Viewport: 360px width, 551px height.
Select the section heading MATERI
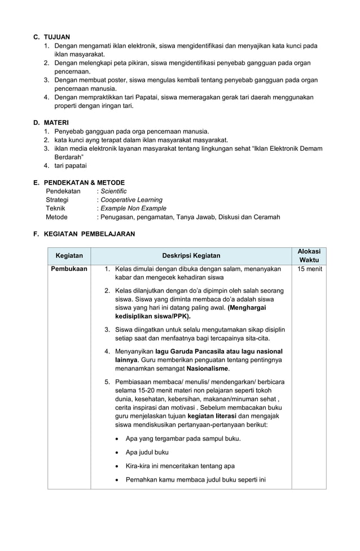[58, 121]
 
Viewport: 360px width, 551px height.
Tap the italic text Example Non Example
[129, 208]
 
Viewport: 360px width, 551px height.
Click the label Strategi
[57, 200]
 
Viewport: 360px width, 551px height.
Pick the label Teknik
[55, 208]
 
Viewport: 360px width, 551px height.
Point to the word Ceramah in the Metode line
[266, 217]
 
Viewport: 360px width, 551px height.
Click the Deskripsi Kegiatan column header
[191, 256]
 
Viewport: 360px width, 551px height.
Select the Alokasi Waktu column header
[309, 256]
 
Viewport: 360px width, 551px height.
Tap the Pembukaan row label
[69, 269]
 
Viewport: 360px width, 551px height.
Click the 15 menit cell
[309, 269]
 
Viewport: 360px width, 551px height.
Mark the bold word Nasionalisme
[208, 369]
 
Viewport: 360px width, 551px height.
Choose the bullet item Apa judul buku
[147, 452]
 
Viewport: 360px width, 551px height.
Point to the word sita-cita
[255, 338]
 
